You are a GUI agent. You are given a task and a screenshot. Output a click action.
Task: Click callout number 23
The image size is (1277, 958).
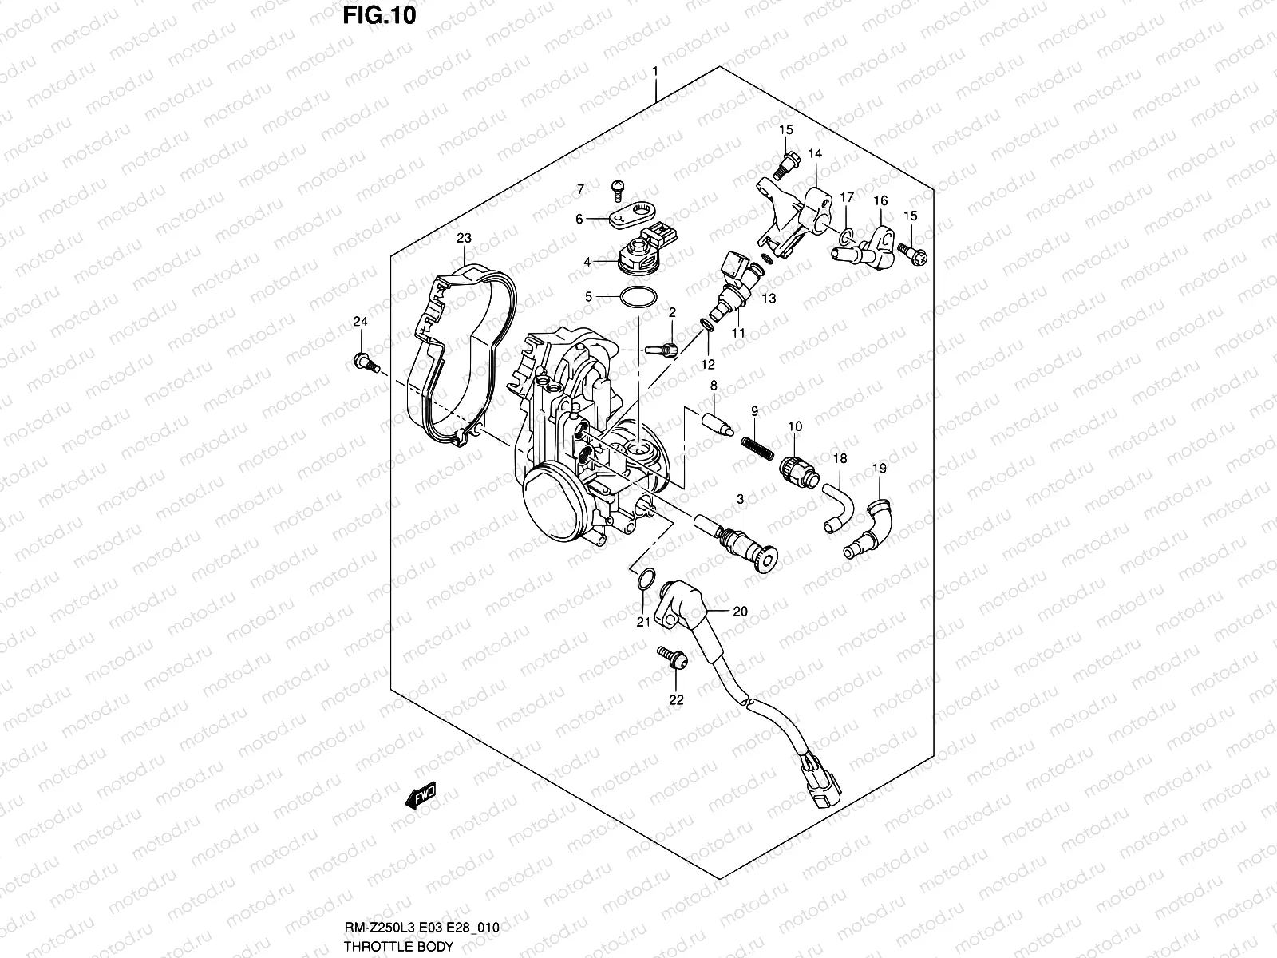pos(464,238)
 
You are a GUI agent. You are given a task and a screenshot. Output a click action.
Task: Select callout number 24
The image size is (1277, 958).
pos(361,322)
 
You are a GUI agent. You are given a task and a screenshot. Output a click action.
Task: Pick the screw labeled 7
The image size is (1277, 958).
pos(615,188)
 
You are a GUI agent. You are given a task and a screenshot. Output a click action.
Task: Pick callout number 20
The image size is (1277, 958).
pos(740,612)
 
